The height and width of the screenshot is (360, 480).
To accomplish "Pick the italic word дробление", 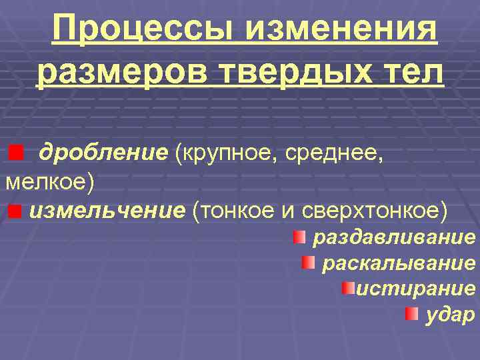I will tap(103, 154).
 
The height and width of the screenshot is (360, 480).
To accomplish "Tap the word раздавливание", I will tap(394, 237).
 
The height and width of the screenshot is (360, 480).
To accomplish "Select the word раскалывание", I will tap(399, 263).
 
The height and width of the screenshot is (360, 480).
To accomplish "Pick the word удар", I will tap(450, 314).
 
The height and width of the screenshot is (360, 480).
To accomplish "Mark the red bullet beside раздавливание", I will tap(300, 237).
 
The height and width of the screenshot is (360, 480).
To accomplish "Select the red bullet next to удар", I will tap(413, 313).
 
